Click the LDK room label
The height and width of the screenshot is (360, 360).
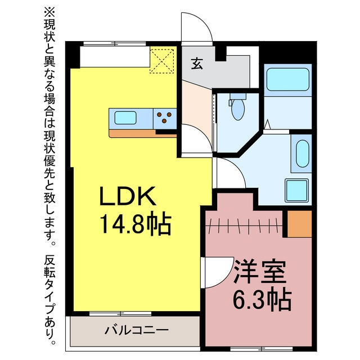tap(128, 196)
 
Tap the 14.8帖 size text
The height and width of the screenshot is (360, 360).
tap(136, 223)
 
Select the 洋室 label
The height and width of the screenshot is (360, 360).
tap(260, 272)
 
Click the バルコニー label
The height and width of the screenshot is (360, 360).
tap(136, 330)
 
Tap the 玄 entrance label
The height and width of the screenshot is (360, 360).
tap(197, 63)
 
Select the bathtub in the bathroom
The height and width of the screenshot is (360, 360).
tap(287, 79)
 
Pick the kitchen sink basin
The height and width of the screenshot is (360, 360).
tap(125, 118)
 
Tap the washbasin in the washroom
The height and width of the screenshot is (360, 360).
tap(302, 154)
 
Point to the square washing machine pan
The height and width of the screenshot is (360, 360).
tap(297, 190)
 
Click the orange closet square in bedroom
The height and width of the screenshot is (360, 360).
tap(300, 224)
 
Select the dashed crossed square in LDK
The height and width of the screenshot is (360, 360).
tap(162, 61)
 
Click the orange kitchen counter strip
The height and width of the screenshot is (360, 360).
tap(142, 134)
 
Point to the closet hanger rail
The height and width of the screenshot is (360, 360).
tap(244, 226)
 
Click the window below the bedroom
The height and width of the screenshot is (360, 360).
tap(262, 349)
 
